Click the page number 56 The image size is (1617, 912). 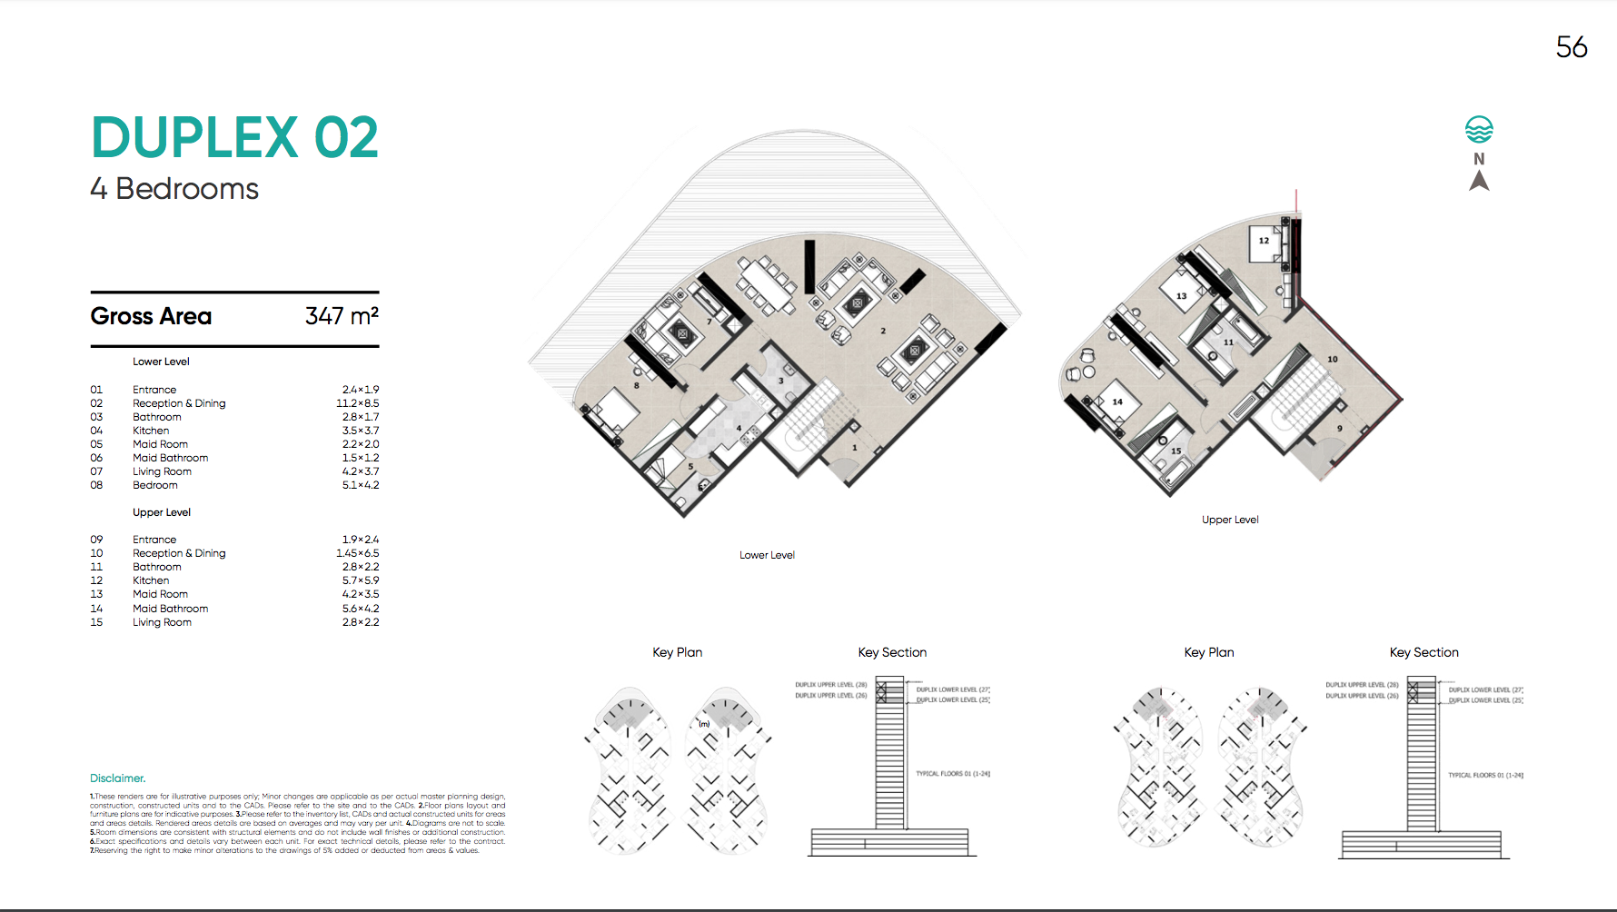pyautogui.click(x=1571, y=47)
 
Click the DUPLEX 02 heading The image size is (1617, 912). pyautogui.click(x=234, y=138)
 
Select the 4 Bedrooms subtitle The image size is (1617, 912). pyautogui.click(x=174, y=189)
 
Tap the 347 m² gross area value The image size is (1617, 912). pyautogui.click(x=342, y=316)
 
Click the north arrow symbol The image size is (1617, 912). pyautogui.click(x=1479, y=181)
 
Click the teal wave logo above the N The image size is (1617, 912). pyautogui.click(x=1479, y=130)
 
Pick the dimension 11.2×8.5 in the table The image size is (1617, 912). pyautogui.click(x=358, y=403)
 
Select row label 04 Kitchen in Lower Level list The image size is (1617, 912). pyautogui.click(x=151, y=431)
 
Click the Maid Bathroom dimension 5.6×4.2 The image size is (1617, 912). pyautogui.click(x=361, y=609)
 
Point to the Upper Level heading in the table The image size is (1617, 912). pyautogui.click(x=162, y=512)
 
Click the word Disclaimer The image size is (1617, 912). pyautogui.click(x=117, y=778)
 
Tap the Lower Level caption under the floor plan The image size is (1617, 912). pyautogui.click(x=767, y=555)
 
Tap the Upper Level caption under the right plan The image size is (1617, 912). pyautogui.click(x=1230, y=520)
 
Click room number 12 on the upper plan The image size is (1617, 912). pyautogui.click(x=1264, y=241)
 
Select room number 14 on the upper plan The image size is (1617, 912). pyautogui.click(x=1117, y=401)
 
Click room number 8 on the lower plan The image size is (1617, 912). pyautogui.click(x=636, y=386)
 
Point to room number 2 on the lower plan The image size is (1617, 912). pyautogui.click(x=883, y=331)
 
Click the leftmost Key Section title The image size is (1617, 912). pyautogui.click(x=892, y=652)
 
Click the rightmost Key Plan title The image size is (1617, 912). pyautogui.click(x=1208, y=652)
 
